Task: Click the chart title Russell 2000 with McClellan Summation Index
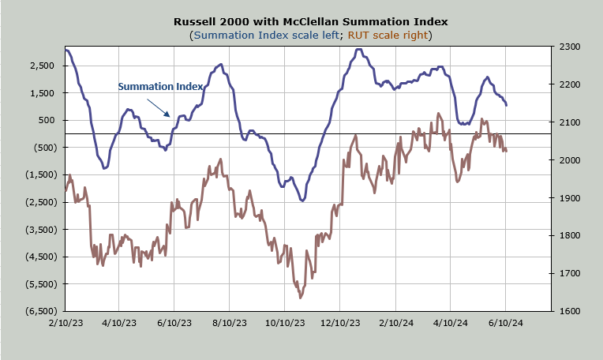(x=311, y=21)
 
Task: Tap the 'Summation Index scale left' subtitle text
(x=267, y=35)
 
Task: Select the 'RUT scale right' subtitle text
(x=388, y=35)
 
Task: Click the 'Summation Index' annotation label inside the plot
(x=160, y=87)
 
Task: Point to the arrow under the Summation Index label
(x=158, y=107)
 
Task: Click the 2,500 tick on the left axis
(x=42, y=66)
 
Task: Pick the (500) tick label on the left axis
(x=45, y=148)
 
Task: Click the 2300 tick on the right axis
(x=570, y=47)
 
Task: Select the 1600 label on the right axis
(x=570, y=311)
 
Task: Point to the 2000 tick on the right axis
(x=570, y=160)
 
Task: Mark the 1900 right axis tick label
(x=570, y=198)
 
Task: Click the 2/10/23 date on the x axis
(x=66, y=323)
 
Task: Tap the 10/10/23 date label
(x=285, y=323)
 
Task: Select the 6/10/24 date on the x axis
(x=506, y=323)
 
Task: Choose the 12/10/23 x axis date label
(x=340, y=323)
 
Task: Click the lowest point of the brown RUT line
(x=301, y=298)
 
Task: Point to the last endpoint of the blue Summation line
(x=507, y=105)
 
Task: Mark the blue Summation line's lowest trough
(x=302, y=201)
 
